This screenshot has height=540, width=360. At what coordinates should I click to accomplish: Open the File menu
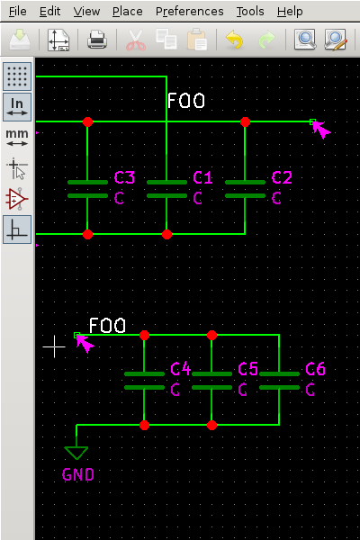pos(18,12)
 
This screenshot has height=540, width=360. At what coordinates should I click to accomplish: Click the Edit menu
pos(50,12)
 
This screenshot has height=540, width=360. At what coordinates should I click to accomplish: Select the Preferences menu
pos(189,12)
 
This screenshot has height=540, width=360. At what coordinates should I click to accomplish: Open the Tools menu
pos(250,12)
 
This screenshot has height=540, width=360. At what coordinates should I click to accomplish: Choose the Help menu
pos(290,12)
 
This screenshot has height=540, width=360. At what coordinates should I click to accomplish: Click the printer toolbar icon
pos(97,40)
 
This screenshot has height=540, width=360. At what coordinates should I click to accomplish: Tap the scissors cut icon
pos(135,40)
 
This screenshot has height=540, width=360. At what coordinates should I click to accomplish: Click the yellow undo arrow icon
pos(234,40)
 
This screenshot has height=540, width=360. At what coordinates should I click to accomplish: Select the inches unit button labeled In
pos(17,106)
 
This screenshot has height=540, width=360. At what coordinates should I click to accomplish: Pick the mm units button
pos(17,137)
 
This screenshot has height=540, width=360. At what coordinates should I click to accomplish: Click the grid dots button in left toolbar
pos(17,76)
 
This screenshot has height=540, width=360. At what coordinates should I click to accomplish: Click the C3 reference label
pos(124,177)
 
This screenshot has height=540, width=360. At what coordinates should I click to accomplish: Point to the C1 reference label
pos(203,177)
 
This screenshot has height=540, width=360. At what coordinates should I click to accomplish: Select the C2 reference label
pos(282,177)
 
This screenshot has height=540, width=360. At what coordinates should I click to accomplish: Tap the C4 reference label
pos(181,369)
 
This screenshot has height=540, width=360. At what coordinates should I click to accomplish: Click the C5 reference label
pos(248,369)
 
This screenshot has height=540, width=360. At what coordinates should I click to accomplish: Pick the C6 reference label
pos(315,369)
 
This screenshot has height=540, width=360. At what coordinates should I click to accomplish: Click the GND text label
pos(78,474)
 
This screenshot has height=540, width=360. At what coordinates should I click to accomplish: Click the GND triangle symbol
pos(76,452)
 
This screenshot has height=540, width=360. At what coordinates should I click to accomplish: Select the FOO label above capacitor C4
pos(107,325)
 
